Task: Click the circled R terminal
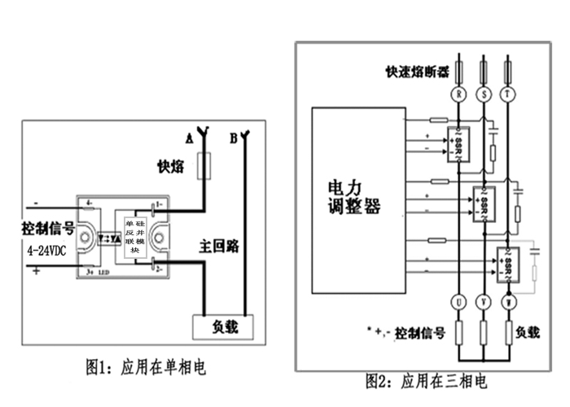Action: click(461, 94)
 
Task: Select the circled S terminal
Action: click(485, 94)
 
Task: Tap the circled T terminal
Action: click(510, 94)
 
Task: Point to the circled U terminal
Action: click(461, 303)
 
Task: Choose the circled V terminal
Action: click(485, 303)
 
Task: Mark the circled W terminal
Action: click(510, 303)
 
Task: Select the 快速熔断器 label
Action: click(418, 71)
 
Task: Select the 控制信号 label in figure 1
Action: click(48, 228)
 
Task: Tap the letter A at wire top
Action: click(189, 139)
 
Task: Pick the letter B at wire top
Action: click(234, 139)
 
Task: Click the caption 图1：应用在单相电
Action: click(147, 368)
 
